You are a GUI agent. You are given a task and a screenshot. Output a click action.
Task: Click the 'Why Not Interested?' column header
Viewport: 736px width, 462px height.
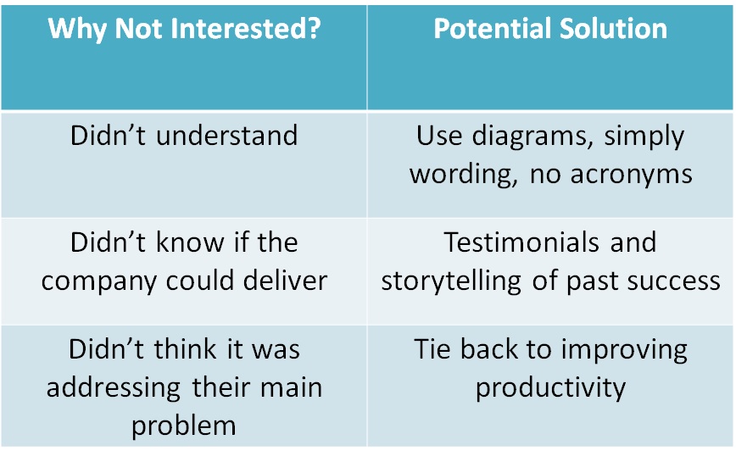(184, 29)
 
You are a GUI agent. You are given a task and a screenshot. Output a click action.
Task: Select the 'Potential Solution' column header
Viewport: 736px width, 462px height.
(550, 28)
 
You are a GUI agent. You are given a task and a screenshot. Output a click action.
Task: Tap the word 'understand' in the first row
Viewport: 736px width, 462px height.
(226, 136)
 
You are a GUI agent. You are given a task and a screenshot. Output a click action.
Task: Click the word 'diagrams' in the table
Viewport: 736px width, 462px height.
(532, 138)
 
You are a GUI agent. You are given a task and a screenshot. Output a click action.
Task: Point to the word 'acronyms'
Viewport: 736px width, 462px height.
(632, 175)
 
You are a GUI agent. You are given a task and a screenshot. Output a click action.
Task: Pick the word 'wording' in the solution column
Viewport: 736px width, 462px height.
(464, 175)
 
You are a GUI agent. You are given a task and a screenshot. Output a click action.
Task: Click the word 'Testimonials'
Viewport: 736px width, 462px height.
(521, 242)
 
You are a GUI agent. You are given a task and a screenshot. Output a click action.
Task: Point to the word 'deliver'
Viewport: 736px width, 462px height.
(285, 281)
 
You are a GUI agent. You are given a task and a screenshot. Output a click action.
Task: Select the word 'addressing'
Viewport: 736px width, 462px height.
(113, 389)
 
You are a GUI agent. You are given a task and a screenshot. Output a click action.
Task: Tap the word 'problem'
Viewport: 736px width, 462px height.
(183, 427)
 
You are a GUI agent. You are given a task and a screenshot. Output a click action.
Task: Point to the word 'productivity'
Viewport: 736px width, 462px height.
(550, 389)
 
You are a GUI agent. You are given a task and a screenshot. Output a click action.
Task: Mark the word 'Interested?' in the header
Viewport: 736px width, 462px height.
(246, 28)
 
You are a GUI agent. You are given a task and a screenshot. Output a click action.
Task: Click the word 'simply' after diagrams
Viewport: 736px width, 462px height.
(644, 138)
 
